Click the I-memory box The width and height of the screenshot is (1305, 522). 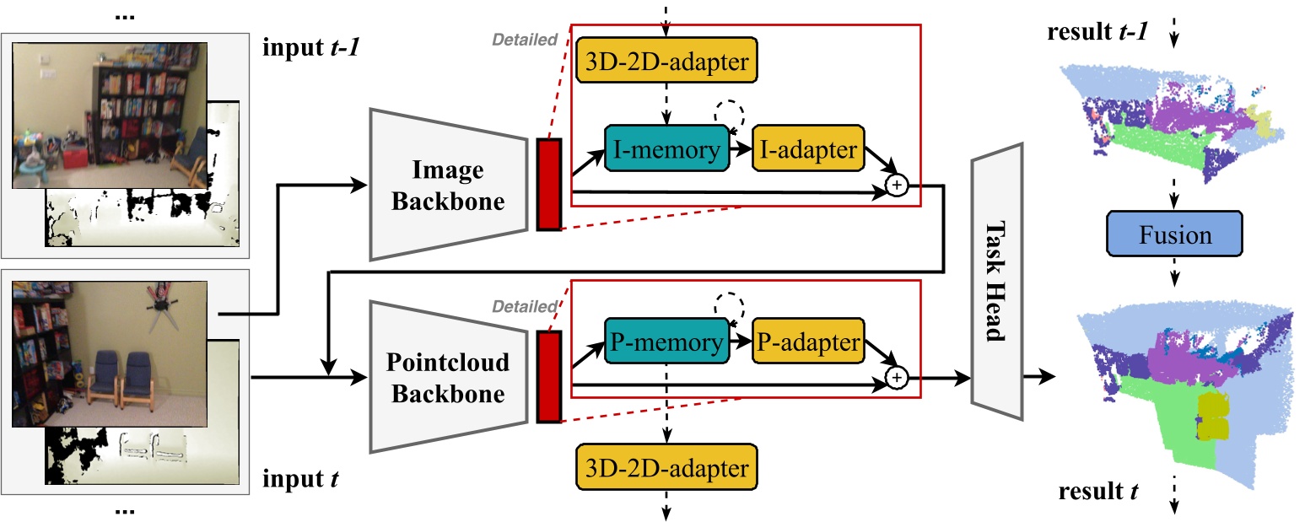pos(666,151)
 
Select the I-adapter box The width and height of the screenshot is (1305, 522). pos(808,151)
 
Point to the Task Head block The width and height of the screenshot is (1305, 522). pos(996,282)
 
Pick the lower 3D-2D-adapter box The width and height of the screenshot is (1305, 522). pos(666,469)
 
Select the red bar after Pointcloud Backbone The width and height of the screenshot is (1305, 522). pos(548,377)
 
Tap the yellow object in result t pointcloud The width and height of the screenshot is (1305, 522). pos(1213,416)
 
